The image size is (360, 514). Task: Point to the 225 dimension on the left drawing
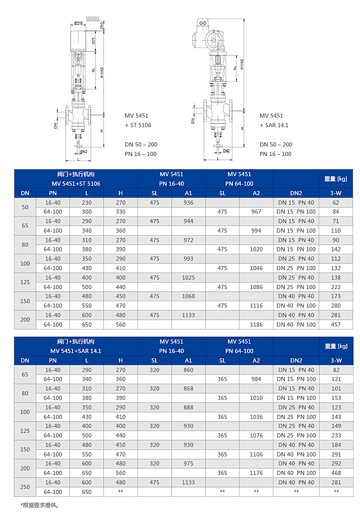click(94, 41)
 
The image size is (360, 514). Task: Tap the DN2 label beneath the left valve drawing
click(83, 151)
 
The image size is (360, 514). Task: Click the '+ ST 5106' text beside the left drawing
click(138, 124)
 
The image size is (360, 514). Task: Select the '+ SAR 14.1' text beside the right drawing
click(274, 124)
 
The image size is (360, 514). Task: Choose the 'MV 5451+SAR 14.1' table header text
click(76, 351)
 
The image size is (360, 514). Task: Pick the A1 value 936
click(188, 203)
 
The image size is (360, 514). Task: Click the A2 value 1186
click(256, 325)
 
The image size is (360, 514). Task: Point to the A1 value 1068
click(188, 297)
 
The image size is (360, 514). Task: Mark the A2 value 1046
click(256, 268)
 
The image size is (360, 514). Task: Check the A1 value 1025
click(188, 278)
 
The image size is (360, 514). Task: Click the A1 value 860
click(188, 370)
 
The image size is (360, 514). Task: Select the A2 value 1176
click(256, 473)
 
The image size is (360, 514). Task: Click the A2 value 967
click(256, 212)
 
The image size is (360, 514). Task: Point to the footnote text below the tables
click(40, 505)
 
